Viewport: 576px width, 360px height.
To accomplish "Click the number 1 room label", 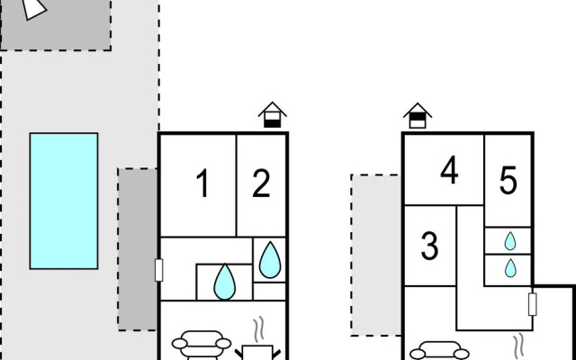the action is [202, 184].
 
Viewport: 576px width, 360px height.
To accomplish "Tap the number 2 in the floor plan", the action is [261, 184].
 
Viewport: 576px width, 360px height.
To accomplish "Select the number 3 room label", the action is [429, 246].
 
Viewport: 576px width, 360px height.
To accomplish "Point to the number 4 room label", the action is [449, 170].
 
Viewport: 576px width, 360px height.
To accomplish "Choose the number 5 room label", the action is [508, 180].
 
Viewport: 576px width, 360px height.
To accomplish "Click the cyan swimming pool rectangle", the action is [64, 201].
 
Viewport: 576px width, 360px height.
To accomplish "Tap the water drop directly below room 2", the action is [270, 260].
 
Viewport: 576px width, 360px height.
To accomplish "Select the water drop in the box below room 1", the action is [224, 282].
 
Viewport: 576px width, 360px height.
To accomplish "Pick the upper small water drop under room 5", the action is [510, 241].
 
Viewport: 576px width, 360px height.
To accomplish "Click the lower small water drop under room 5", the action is [510, 268].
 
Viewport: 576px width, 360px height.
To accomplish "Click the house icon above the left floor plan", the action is [272, 115].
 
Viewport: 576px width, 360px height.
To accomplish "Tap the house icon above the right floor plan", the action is [418, 115].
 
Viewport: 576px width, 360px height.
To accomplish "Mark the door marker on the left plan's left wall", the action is [158, 270].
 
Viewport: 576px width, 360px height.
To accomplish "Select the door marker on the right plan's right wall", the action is [532, 304].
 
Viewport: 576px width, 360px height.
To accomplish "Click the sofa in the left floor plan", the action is [202, 346].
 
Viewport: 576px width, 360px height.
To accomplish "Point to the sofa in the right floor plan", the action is [439, 351].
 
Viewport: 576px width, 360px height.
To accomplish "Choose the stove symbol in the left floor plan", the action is [257, 352].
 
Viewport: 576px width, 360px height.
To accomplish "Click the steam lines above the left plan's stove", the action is [259, 328].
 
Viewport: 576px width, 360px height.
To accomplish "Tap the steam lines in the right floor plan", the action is [518, 346].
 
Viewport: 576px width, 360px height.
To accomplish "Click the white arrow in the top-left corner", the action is [33, 8].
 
